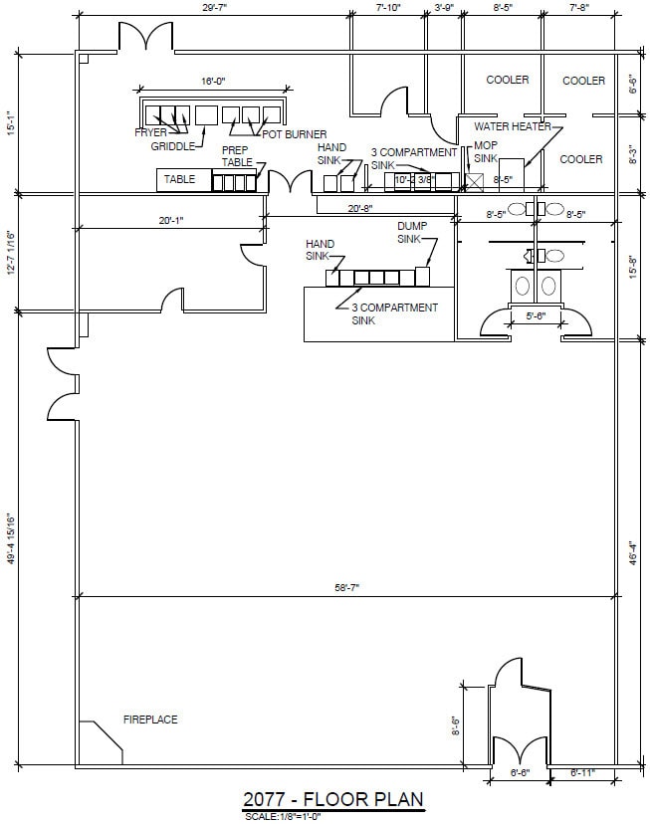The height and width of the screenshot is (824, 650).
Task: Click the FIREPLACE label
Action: click(x=150, y=719)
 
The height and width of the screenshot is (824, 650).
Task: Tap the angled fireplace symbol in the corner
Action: click(x=105, y=741)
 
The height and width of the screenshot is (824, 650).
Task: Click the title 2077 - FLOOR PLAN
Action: click(x=333, y=799)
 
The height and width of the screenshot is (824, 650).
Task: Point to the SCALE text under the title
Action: click(x=283, y=816)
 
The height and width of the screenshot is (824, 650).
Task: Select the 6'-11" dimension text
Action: click(x=583, y=772)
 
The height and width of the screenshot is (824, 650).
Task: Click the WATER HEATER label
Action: click(x=513, y=126)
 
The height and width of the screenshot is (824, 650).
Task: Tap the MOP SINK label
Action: click(x=485, y=151)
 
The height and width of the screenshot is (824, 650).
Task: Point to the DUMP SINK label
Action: click(x=412, y=233)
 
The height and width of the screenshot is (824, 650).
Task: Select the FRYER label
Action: click(x=151, y=132)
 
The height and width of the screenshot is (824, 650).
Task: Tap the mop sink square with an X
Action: click(x=474, y=182)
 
